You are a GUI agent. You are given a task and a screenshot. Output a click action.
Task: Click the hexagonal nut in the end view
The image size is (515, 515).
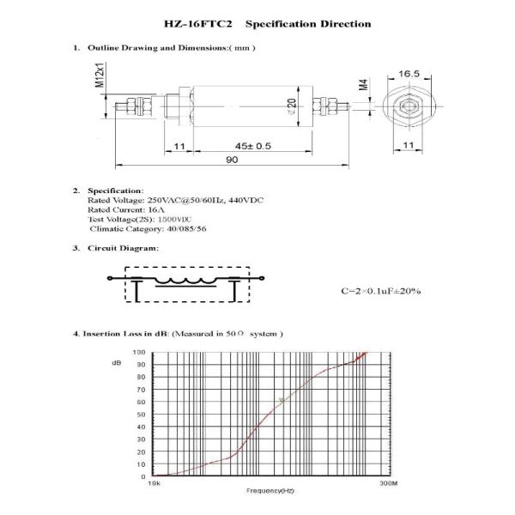tap(409, 108)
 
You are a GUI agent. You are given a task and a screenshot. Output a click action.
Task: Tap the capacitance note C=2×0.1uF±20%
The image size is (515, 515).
tap(380, 292)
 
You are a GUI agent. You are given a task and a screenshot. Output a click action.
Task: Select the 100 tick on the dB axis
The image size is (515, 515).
tap(139, 352)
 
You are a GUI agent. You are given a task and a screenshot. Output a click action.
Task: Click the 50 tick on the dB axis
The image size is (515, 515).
tap(141, 415)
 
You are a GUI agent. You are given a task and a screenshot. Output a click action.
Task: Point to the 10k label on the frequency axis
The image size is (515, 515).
tap(154, 485)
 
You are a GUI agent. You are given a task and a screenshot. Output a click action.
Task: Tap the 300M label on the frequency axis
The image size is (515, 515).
tap(388, 485)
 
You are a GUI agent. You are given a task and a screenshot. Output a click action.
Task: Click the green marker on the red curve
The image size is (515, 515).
tap(282, 401)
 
